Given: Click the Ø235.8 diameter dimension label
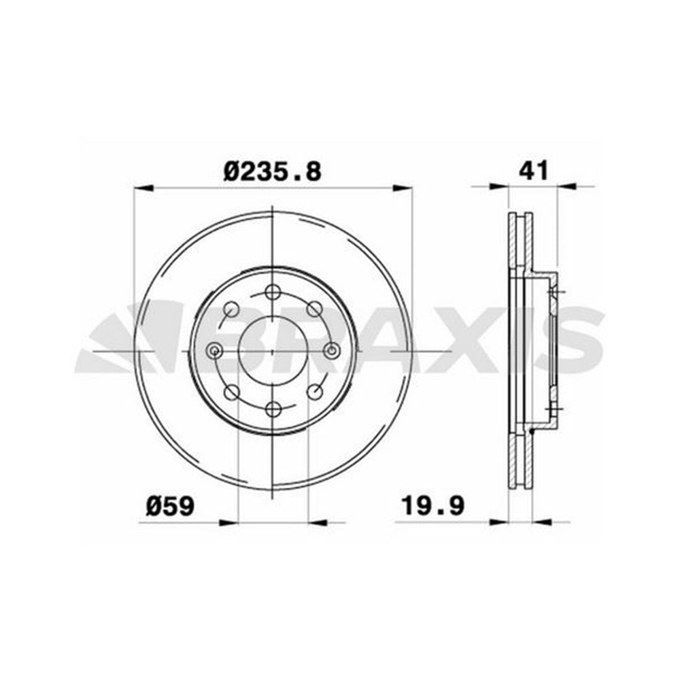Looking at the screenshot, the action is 273,172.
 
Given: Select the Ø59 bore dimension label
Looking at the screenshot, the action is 170,506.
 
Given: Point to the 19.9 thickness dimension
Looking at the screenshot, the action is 432,506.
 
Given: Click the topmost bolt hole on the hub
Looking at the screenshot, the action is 273,292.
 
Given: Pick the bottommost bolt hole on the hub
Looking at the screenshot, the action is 273,409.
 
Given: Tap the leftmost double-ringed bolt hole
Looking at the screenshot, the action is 214,351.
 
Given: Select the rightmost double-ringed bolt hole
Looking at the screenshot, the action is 332,350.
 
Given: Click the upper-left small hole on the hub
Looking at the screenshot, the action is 231,309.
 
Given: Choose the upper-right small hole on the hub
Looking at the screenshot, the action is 314,309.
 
